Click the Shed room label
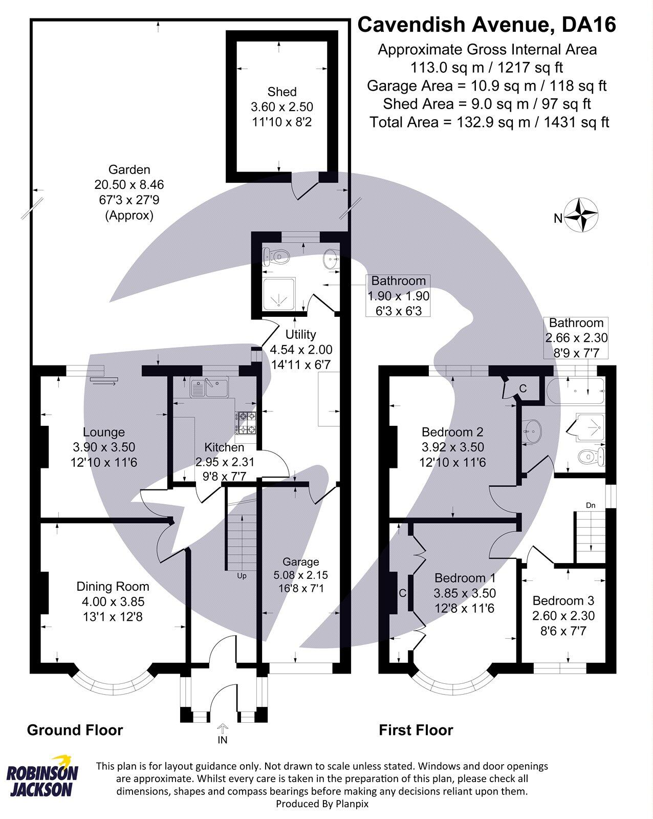tap(282, 92)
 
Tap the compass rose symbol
tap(582, 215)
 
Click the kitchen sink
tap(209, 387)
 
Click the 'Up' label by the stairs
tap(242, 576)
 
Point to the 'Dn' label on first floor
tap(591, 505)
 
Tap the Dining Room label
tap(113, 587)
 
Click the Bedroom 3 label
tap(563, 600)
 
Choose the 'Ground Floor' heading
tap(75, 730)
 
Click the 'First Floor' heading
tap(416, 730)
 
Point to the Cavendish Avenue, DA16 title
tap(486, 25)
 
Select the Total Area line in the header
tap(489, 122)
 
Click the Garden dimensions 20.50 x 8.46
tap(129, 184)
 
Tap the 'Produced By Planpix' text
tap(322, 804)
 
